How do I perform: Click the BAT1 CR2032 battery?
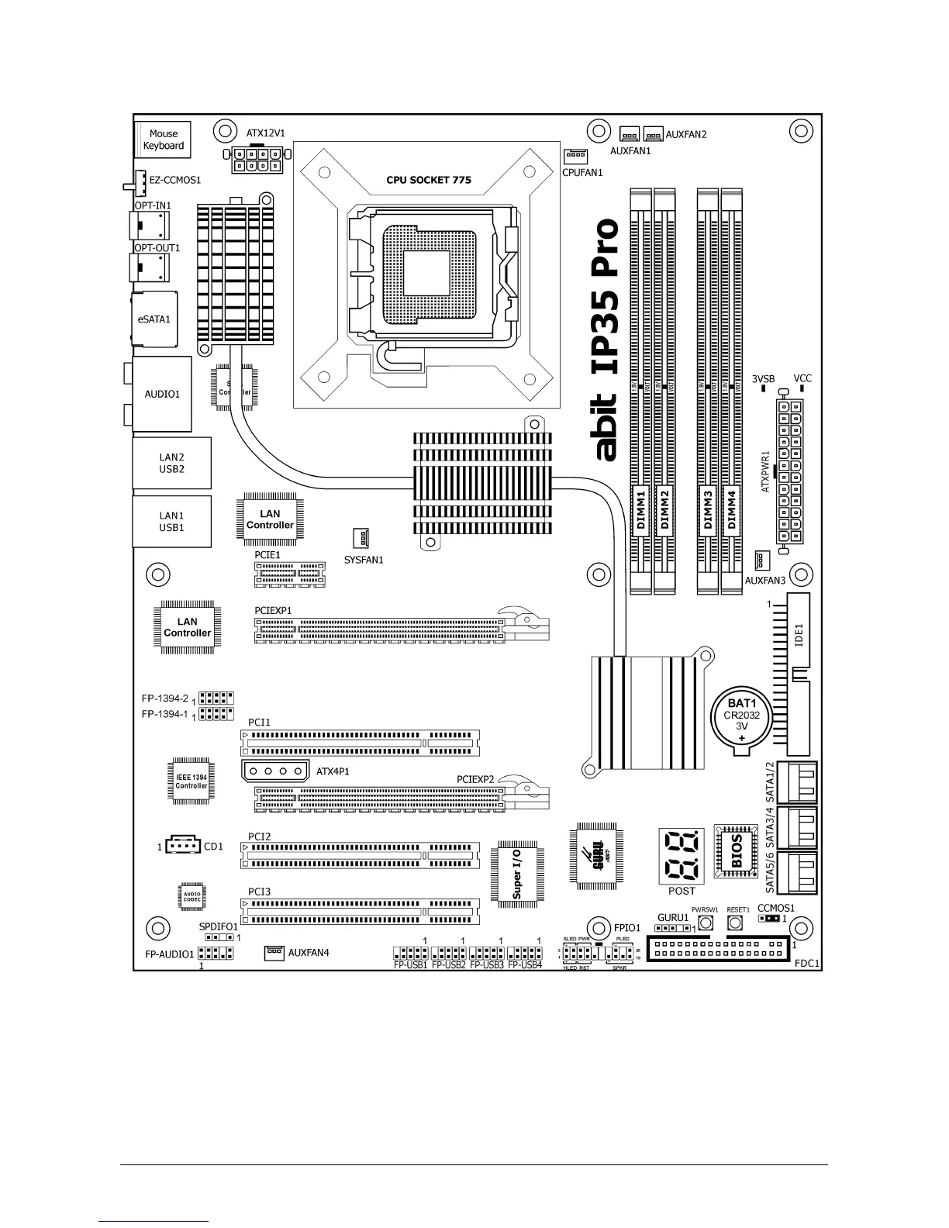741,719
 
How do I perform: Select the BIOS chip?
736,851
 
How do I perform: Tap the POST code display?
682,856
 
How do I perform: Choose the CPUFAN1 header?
575,156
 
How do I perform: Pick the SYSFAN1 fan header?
361,538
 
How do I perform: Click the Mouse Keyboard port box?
163,140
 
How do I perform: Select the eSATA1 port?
155,319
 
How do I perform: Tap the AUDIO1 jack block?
162,394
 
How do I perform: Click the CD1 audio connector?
183,847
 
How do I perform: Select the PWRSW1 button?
705,923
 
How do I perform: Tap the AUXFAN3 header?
761,560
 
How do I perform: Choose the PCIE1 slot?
289,574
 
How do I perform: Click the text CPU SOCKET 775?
429,180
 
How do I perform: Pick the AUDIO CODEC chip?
192,896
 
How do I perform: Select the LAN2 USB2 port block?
171,463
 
